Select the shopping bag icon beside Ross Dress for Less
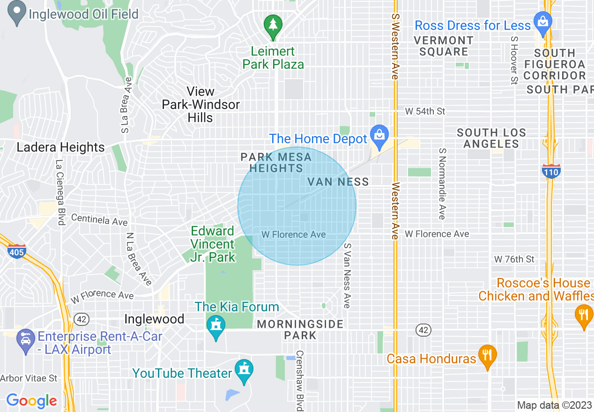[x=543, y=23]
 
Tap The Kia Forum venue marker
[x=215, y=326]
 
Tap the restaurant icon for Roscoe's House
[x=583, y=315]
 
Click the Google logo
[x=32, y=401]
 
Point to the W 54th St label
[x=425, y=111]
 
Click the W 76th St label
[x=514, y=259]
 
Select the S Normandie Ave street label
[x=441, y=184]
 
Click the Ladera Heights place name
[x=60, y=147]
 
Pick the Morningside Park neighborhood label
[x=300, y=330]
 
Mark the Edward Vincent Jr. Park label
[x=213, y=244]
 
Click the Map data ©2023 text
[x=554, y=405]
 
